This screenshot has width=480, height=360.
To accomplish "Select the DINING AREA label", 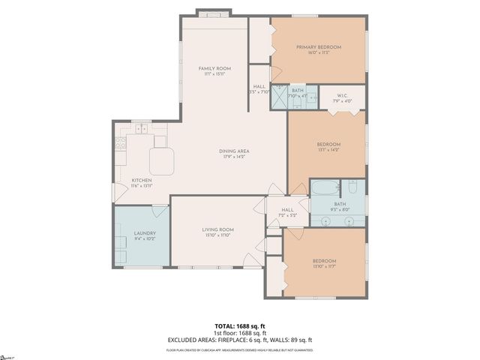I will coord(234,151).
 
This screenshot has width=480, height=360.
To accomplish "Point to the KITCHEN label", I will coord(142,181).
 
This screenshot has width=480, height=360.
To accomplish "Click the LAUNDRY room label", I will coord(145,233).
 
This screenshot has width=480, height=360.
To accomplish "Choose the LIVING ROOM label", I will coord(218,229).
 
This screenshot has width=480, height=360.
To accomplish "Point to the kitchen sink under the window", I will coord(140,129).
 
